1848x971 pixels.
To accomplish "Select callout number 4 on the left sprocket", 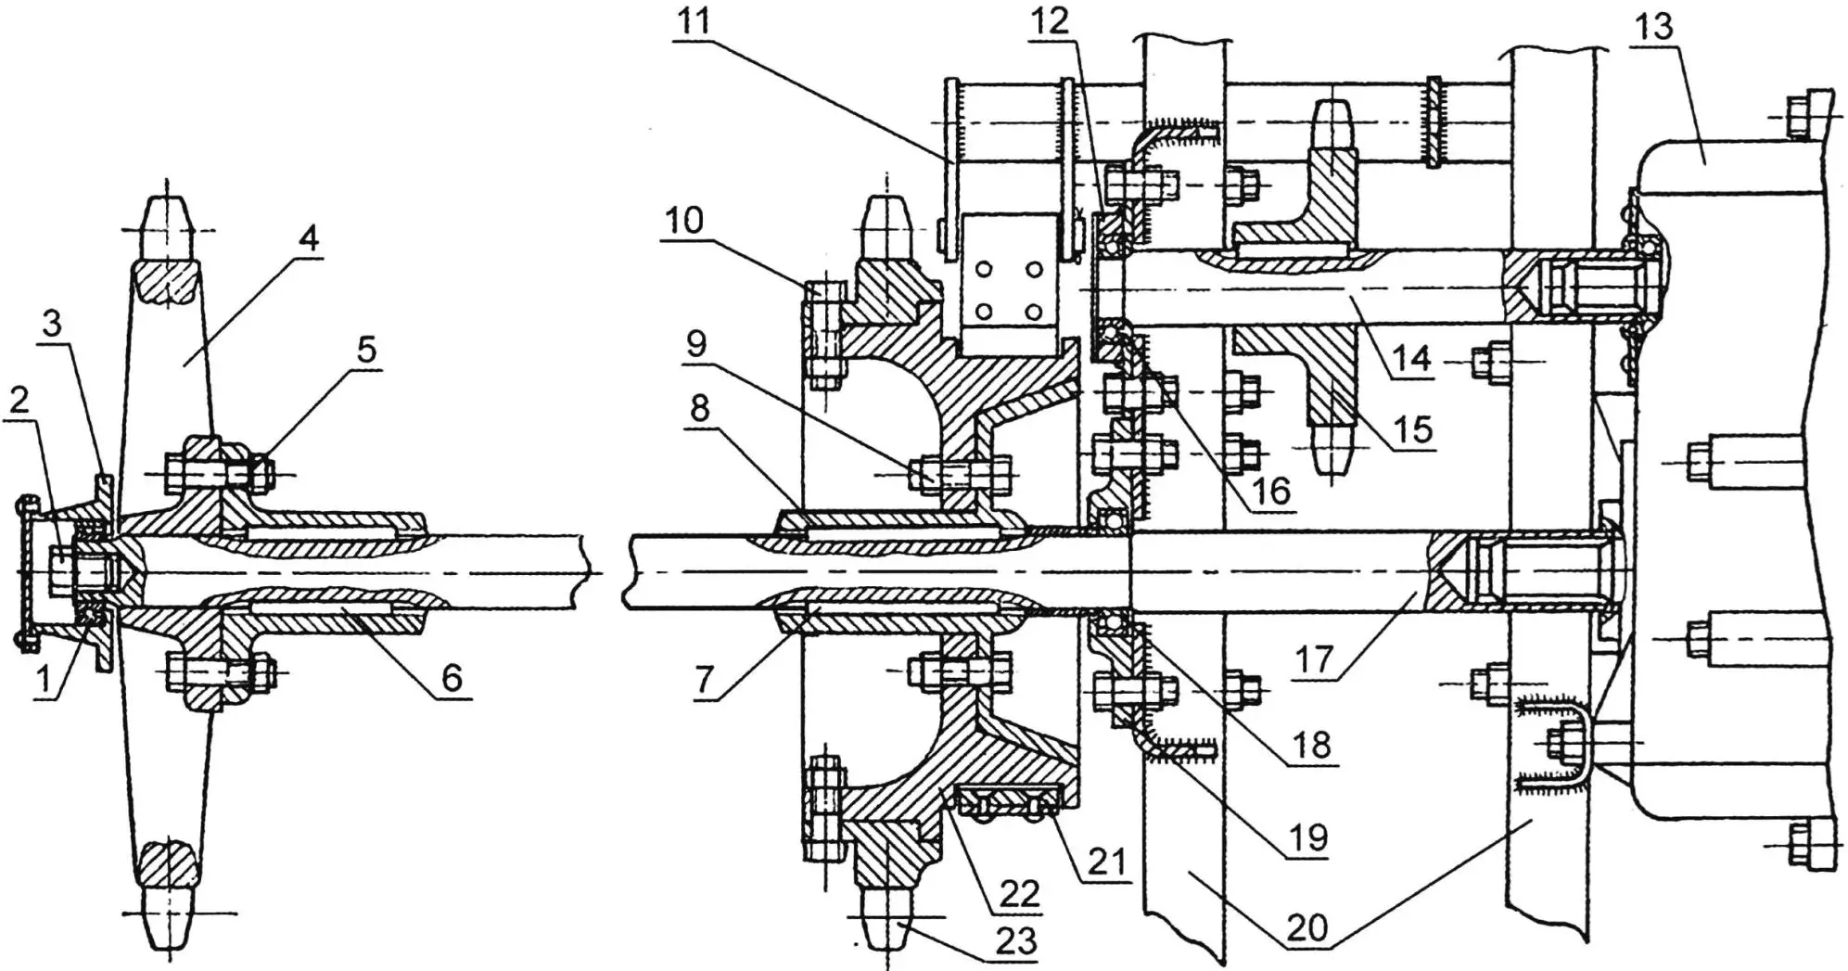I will (309, 238).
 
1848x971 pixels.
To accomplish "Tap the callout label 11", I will (694, 20).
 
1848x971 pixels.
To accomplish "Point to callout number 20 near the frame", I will (1307, 926).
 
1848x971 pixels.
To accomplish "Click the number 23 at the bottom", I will (1015, 940).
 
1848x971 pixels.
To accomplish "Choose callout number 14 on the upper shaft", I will (1411, 357).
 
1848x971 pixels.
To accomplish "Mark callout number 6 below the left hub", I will (452, 678).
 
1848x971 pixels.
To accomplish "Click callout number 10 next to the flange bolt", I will (684, 221).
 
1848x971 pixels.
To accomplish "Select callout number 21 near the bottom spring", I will (1107, 862).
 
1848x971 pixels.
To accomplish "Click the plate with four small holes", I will (1010, 290).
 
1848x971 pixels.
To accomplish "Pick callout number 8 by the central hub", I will (701, 408).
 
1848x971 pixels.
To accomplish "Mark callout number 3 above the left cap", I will (52, 325).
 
